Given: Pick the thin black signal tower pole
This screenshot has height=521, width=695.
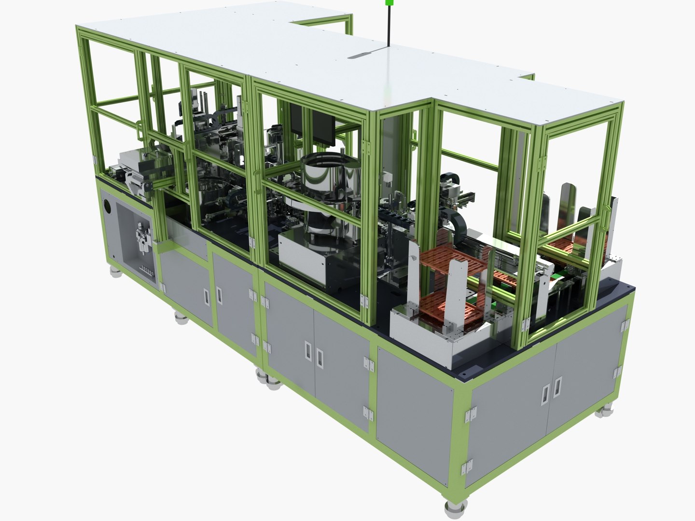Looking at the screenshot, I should pyautogui.click(x=388, y=27).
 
